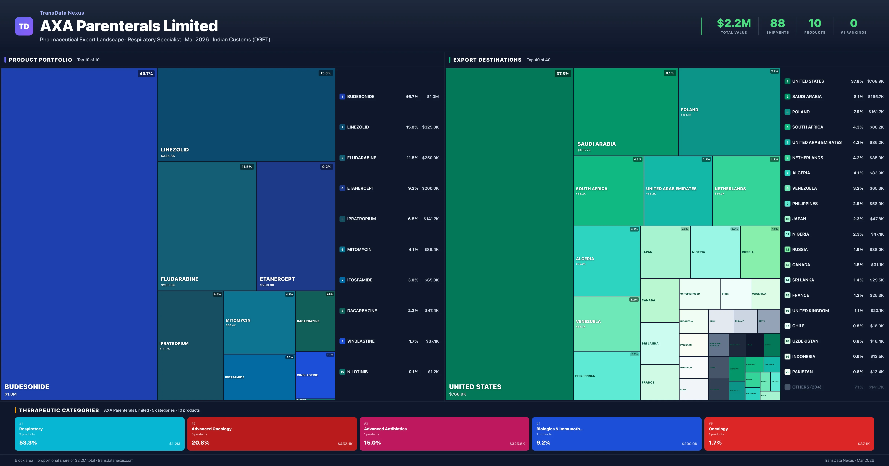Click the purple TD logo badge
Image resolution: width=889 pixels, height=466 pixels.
tap(24, 26)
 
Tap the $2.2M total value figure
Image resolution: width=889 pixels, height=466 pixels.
tap(734, 23)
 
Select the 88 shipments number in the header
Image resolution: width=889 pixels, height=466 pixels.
tap(777, 23)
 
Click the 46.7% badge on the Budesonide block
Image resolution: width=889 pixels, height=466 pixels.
tap(146, 74)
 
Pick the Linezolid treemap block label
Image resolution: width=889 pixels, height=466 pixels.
tap(175, 150)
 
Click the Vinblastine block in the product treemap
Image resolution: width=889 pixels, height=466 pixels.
tap(315, 375)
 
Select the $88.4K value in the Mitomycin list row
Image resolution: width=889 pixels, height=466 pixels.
tap(431, 249)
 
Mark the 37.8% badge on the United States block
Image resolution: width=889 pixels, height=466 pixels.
tap(562, 74)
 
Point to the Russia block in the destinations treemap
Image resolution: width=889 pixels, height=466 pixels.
tap(760, 252)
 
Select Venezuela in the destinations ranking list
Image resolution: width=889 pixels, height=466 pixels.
tap(804, 188)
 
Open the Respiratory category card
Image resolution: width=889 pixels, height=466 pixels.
tap(99, 434)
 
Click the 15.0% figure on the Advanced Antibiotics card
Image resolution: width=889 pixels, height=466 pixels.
tap(372, 443)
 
